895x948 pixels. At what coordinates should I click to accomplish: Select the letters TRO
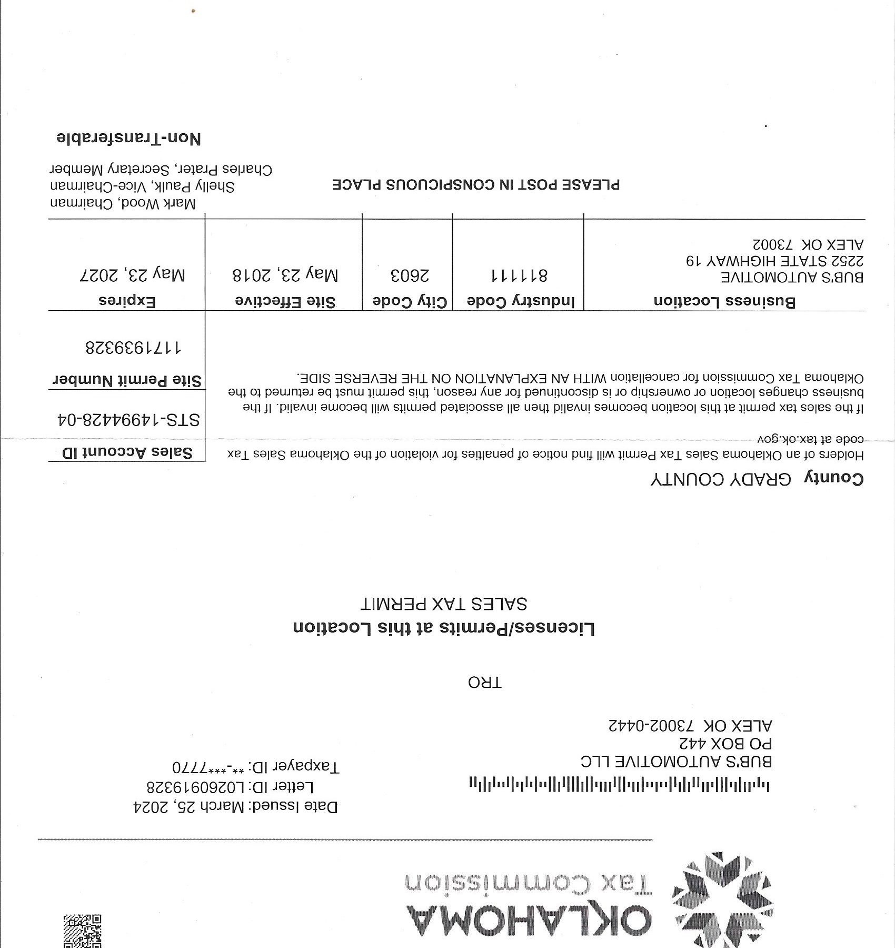pos(485,683)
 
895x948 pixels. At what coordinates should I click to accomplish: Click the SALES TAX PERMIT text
pos(444,604)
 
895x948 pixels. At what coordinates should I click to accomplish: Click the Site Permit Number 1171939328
pos(133,348)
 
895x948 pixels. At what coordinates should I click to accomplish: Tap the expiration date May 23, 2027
pos(132,275)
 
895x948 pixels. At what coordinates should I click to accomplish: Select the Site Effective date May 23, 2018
pos(285,275)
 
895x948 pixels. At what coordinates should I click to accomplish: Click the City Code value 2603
pos(410,275)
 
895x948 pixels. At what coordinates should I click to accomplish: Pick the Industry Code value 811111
pos(519,275)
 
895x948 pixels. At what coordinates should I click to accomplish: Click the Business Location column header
pos(724,301)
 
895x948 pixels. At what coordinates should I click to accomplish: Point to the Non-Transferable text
pos(128,139)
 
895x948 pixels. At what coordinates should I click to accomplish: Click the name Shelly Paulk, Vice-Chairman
pos(142,186)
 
